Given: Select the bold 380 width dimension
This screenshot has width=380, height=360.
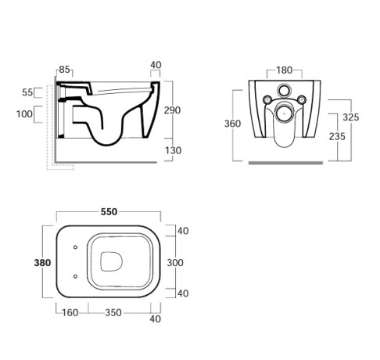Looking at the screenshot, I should [43, 263].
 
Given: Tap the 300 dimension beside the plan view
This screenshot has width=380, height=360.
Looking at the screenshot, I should [176, 263].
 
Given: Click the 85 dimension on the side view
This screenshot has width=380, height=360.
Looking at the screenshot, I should [64, 69].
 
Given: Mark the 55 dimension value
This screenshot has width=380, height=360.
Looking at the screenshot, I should [27, 92].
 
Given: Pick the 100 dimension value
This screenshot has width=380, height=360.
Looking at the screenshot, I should [24, 114].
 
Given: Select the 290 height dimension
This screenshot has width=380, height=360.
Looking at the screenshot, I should [172, 110].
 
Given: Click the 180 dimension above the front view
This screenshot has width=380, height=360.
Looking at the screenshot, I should [285, 69].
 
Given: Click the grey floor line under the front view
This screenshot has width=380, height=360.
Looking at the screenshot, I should [285, 163].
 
